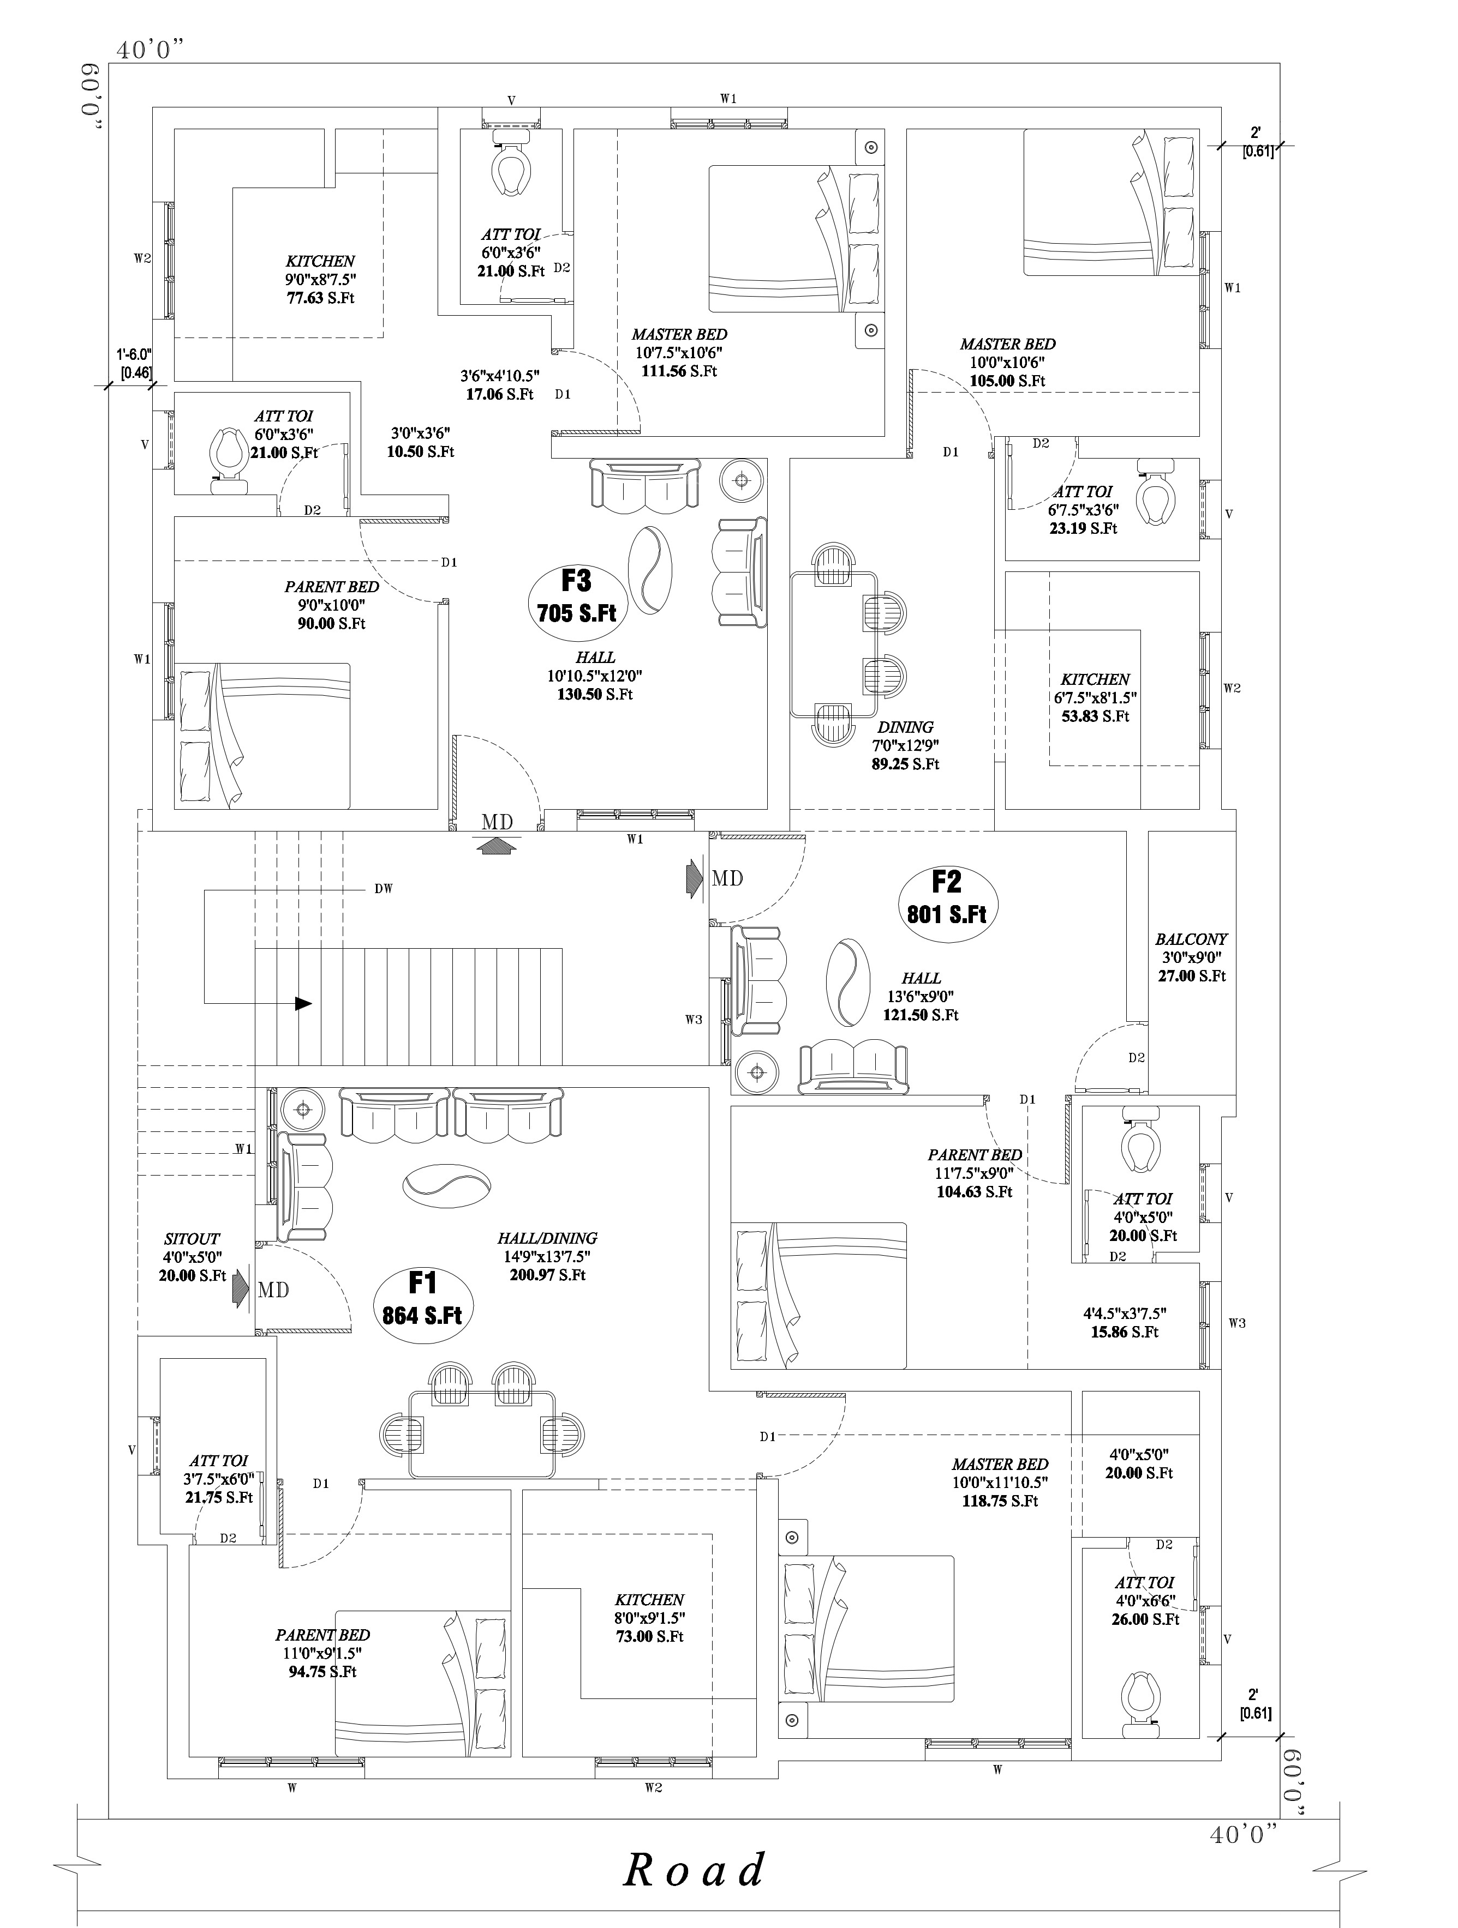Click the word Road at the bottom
695,1870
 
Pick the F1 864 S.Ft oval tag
423,1299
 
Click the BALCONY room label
1191,939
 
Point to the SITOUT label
192,1239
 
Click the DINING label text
905,727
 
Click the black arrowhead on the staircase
303,1003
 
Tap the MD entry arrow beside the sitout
240,1289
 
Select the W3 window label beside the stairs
693,1019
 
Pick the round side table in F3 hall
742,479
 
